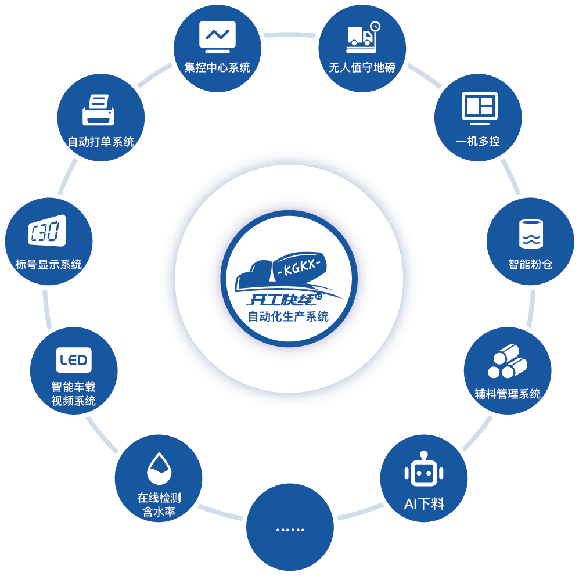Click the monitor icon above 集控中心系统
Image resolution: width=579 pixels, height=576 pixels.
click(x=217, y=37)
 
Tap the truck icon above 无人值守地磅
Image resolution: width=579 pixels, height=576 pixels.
click(x=362, y=37)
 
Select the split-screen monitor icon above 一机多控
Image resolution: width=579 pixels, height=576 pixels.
click(x=479, y=109)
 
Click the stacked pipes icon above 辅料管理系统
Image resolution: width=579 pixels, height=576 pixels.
click(x=507, y=361)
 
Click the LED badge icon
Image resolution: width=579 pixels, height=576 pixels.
click(x=74, y=361)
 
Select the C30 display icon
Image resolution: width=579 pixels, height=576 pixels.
click(x=47, y=233)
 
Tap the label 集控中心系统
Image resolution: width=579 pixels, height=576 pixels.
click(x=217, y=67)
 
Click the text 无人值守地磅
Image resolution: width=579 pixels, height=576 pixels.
click(x=362, y=67)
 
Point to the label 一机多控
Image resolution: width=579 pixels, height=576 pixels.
click(x=478, y=141)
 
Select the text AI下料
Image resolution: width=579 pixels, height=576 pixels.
click(x=424, y=503)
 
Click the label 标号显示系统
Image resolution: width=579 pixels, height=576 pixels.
click(x=49, y=265)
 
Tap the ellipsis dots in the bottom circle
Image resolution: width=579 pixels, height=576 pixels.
click(x=290, y=530)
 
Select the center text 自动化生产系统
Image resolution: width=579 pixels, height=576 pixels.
click(x=289, y=317)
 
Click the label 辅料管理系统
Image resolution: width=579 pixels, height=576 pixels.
click(x=507, y=394)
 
